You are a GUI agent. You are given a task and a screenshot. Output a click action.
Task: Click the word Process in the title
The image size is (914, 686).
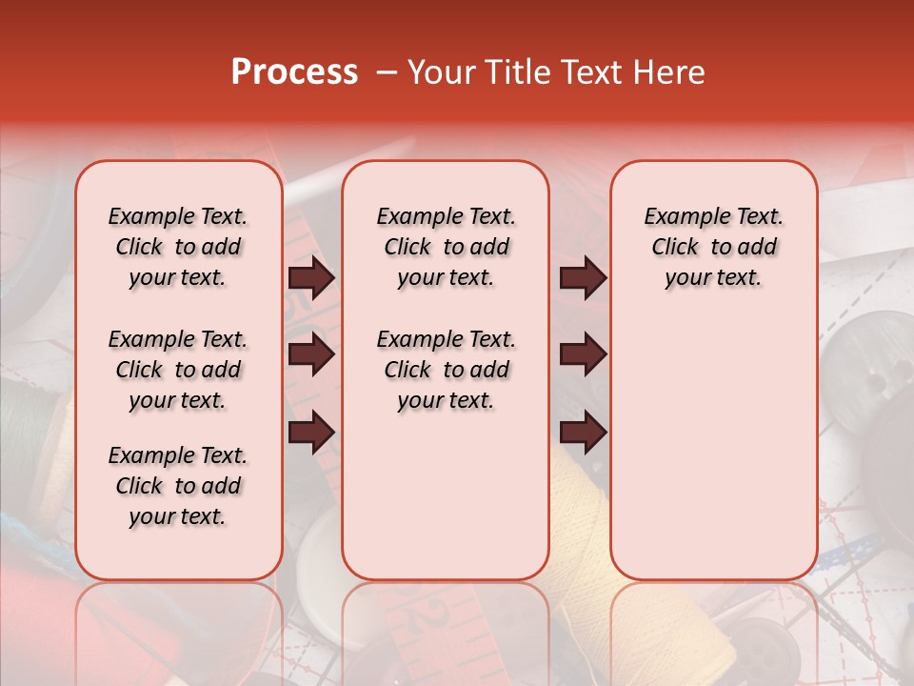(294, 72)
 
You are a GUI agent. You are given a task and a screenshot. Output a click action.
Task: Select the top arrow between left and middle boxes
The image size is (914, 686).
(311, 278)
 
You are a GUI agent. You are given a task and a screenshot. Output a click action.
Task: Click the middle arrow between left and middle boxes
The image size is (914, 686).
(311, 355)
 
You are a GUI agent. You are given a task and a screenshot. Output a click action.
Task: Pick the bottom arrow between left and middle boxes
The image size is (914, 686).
(311, 432)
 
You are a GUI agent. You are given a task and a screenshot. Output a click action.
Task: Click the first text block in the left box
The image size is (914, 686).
(178, 247)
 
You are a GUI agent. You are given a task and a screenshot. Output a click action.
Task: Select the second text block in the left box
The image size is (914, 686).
(178, 370)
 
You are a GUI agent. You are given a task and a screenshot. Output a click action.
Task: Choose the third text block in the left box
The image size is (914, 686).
(178, 486)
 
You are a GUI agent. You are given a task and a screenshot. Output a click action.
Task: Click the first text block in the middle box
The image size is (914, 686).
(446, 247)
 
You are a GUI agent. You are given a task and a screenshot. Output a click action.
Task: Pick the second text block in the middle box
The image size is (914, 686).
(446, 370)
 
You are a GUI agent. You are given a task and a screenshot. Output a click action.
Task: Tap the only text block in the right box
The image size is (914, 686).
(713, 247)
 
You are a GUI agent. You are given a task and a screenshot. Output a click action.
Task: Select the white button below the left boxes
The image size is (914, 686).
(319, 572)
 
